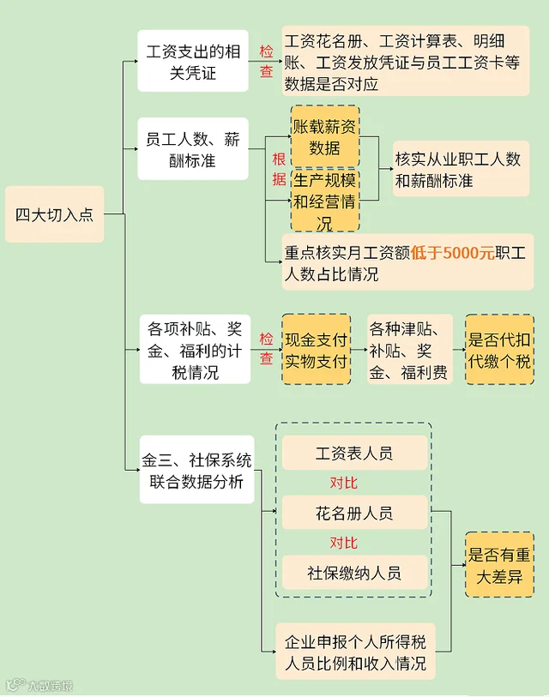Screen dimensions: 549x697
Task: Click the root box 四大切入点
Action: [x=55, y=214]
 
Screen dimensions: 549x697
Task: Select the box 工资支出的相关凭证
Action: [x=193, y=61]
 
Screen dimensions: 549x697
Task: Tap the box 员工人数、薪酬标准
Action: [x=193, y=149]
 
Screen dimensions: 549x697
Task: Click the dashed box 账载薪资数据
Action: [x=325, y=136]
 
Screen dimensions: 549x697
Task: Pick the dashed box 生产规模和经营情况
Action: [x=325, y=201]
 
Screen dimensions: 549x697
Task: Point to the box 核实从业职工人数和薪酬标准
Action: [x=461, y=169]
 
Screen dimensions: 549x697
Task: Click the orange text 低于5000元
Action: [x=452, y=253]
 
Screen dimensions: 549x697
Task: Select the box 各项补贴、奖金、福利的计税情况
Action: [x=195, y=350]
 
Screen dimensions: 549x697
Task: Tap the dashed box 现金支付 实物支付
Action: [x=317, y=350]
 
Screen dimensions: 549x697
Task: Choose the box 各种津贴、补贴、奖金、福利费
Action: [x=410, y=350]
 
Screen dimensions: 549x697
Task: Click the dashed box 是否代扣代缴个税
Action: [x=499, y=350]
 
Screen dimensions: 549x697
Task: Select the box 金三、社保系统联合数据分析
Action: [x=196, y=470]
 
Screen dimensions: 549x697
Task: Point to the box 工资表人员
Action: [x=354, y=453]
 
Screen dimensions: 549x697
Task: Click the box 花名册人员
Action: [x=354, y=513]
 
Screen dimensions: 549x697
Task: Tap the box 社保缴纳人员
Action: [x=354, y=572]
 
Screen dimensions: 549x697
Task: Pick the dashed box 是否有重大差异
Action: [x=499, y=565]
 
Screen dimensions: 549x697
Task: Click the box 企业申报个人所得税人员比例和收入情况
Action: [x=355, y=652]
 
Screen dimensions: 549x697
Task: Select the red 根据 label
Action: [x=279, y=169]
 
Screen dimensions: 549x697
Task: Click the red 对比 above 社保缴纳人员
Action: [x=343, y=543]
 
